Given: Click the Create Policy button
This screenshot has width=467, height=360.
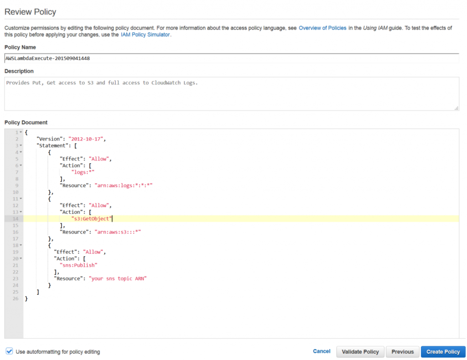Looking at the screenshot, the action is [x=443, y=352].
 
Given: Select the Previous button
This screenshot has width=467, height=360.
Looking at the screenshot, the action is [x=402, y=352].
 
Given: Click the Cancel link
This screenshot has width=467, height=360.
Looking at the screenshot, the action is [x=322, y=351].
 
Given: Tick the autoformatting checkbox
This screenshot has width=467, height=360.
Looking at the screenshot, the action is [x=9, y=351].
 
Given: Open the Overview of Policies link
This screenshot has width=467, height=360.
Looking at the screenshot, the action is [x=322, y=28].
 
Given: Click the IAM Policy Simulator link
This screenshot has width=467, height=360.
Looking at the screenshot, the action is [x=145, y=35].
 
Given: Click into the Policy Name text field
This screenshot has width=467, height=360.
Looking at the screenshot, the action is [x=232, y=58].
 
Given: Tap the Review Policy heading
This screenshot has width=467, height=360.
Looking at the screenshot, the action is [x=31, y=11].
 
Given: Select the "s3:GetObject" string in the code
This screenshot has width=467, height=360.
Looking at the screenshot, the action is [x=91, y=219].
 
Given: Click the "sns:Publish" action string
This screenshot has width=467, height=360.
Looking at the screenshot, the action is [x=78, y=265].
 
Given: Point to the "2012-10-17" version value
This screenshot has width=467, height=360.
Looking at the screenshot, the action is [x=86, y=139].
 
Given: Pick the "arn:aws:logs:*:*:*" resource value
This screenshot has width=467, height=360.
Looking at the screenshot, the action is [x=124, y=185].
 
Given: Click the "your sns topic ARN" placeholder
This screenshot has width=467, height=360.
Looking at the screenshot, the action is [x=118, y=279].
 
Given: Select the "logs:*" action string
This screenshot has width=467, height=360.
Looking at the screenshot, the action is [x=83, y=172].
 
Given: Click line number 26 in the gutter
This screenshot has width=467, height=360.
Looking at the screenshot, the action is [x=16, y=298].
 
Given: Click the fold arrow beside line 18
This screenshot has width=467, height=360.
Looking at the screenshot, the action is [x=21, y=245].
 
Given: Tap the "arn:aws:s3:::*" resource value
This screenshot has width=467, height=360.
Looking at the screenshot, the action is [x=118, y=232].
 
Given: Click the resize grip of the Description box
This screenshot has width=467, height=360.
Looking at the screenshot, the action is [x=456, y=108].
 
